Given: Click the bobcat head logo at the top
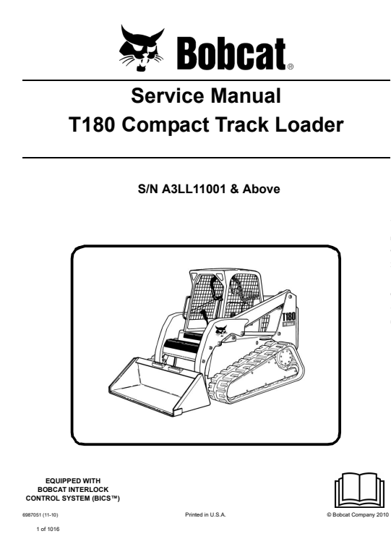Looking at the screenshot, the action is pos(142,48).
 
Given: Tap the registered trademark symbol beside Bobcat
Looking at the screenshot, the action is pos(290,67).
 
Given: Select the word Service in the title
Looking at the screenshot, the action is pos(166,96).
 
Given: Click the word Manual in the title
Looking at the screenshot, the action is pos(246,96).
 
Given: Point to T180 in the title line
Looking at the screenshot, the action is pos(92,124).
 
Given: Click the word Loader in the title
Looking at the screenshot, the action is pos(309,124).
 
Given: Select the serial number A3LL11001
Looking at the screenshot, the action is pos(193,189).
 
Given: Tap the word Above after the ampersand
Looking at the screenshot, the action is pos(261,189).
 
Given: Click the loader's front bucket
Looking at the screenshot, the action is pos(158,384).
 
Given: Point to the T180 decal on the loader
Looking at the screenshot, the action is pos(288,316).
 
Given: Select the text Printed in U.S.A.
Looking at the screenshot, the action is pos(205,514).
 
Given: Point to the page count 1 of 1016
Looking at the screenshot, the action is pos(48,529).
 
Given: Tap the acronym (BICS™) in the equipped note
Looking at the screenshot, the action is pos(105,498).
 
